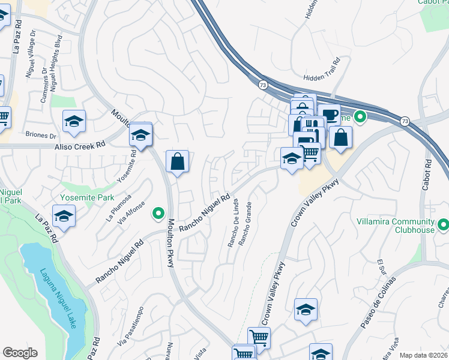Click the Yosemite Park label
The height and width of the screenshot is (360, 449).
88,197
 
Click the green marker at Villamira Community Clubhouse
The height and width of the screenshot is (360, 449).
444,225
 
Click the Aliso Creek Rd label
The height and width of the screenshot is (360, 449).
79,145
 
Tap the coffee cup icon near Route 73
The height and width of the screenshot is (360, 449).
328,114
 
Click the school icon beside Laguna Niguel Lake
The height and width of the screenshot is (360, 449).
63,216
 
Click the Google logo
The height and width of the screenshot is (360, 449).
20,353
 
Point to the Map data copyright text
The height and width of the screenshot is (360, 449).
423,355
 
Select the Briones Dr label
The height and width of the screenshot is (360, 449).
40,135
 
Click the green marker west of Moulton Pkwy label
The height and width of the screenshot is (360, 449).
158,212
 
